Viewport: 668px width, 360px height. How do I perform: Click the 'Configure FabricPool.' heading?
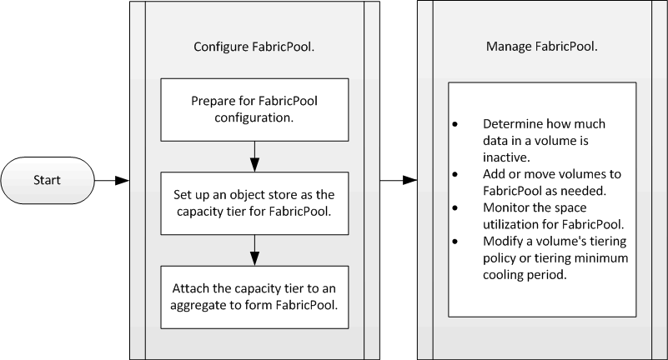(254, 47)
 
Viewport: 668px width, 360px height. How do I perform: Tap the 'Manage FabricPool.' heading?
(541, 47)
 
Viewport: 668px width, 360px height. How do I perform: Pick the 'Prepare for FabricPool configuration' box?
(254, 110)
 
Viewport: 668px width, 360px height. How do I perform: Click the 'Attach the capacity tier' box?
(254, 295)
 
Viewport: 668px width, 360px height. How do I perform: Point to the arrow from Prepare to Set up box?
(254, 152)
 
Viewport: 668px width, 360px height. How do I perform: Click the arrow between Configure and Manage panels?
(397, 179)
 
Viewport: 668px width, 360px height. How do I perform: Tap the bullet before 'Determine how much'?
(455, 124)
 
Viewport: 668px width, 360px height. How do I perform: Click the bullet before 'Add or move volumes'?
(455, 173)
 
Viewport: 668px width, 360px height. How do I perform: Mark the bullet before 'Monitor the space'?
(455, 207)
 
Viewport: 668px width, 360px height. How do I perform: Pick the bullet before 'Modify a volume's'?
(455, 240)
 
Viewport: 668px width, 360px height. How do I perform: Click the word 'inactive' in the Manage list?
(505, 157)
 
